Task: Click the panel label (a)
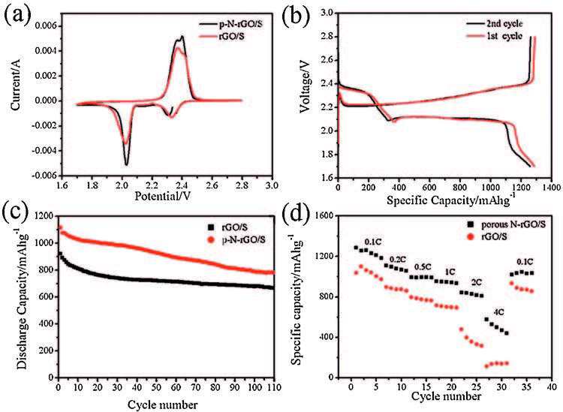pyautogui.click(x=16, y=14)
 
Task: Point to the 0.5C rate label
pyautogui.click(x=423, y=267)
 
